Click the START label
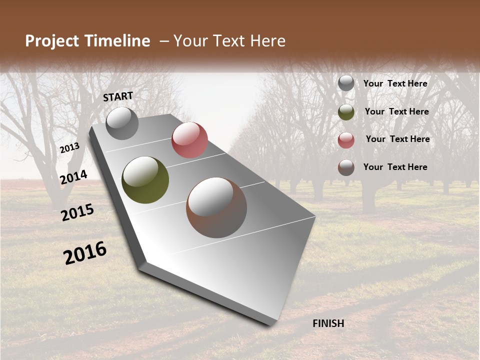point(118,96)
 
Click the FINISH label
point(328,323)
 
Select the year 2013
point(69,148)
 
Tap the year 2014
point(73,177)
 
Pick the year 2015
point(77,212)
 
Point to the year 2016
point(85,253)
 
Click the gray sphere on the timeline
point(122,123)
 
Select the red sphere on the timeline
point(189,139)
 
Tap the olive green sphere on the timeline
point(145,180)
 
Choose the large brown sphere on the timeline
point(216,207)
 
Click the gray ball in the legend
point(346,83)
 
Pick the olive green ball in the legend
point(346,112)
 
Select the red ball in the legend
point(346,140)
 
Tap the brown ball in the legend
point(346,167)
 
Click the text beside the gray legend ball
point(395,83)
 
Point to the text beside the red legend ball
point(397,139)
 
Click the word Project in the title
point(52,41)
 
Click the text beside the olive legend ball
point(396,111)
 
